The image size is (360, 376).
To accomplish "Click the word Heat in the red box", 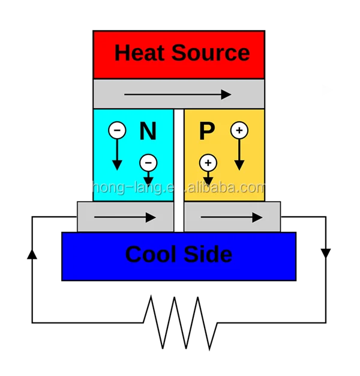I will [140, 53].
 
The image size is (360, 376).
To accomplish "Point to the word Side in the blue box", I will [208, 255].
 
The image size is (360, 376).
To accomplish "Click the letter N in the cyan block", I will [148, 132].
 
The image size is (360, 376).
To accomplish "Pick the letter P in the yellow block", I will [207, 132].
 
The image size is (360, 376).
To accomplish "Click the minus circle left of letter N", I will [117, 130].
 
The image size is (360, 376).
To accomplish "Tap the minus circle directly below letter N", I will [148, 163].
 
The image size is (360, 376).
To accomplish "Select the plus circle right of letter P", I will [239, 130].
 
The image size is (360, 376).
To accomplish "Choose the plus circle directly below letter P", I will [208, 163].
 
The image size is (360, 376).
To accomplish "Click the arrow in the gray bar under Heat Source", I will [178, 94].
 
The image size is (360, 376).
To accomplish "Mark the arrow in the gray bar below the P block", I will [231, 217].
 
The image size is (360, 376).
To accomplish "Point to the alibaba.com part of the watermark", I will [229, 188].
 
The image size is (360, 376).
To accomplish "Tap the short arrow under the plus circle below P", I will [208, 179].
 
